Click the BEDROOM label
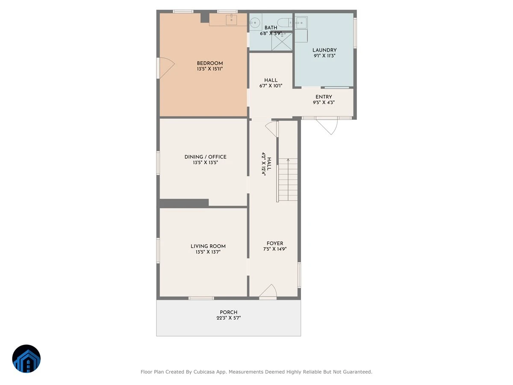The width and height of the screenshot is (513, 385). (x=209, y=63)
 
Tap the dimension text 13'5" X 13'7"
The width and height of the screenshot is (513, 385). (x=208, y=252)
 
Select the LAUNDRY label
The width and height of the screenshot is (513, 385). (x=324, y=50)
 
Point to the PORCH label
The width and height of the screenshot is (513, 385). (x=228, y=312)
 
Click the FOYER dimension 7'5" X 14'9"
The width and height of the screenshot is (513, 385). (x=275, y=249)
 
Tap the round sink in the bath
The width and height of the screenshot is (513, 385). (x=255, y=23)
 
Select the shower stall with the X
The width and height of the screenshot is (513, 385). (x=282, y=41)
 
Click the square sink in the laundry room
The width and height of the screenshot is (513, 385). (x=301, y=23)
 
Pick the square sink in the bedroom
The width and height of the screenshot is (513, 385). (x=231, y=20)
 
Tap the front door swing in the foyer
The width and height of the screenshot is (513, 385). (x=268, y=291)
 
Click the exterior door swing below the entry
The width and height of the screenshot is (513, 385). (x=327, y=127)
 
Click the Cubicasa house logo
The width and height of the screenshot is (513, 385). (x=27, y=358)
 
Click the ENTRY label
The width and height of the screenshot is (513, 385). (x=324, y=97)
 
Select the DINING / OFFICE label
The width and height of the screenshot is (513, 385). (x=206, y=157)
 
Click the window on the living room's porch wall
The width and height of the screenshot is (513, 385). (x=201, y=298)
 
